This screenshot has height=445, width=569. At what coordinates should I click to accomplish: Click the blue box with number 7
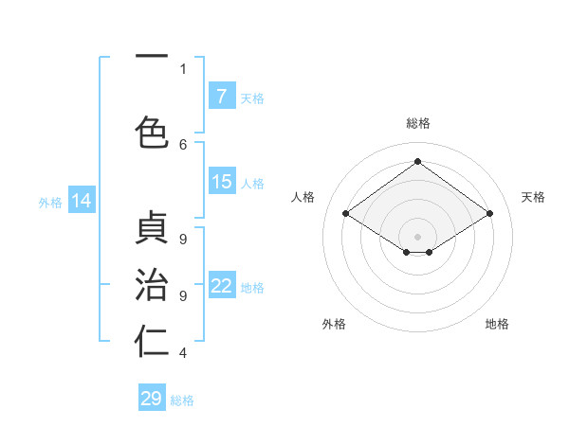click(x=222, y=97)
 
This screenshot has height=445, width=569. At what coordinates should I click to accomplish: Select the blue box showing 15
click(x=222, y=182)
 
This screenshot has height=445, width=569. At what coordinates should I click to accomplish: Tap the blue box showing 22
click(x=222, y=287)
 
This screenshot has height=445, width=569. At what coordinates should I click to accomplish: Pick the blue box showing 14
click(x=82, y=201)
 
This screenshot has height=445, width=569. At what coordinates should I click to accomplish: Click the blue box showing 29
click(x=152, y=399)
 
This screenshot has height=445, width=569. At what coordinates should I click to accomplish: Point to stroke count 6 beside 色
click(x=183, y=144)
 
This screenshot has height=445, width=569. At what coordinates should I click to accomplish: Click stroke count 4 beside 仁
click(x=183, y=353)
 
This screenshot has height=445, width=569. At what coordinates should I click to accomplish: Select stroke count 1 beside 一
click(x=183, y=68)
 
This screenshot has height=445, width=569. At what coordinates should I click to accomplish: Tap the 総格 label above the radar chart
click(x=417, y=123)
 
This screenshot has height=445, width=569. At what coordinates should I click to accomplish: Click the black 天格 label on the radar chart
click(x=533, y=197)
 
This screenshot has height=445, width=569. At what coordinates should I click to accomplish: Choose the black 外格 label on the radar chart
click(x=334, y=324)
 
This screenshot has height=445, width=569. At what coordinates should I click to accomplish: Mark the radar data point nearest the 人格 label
click(x=346, y=214)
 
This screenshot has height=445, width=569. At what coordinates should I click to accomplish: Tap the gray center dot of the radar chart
click(x=417, y=235)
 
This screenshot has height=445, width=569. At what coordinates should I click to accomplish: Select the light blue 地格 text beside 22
click(x=252, y=288)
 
